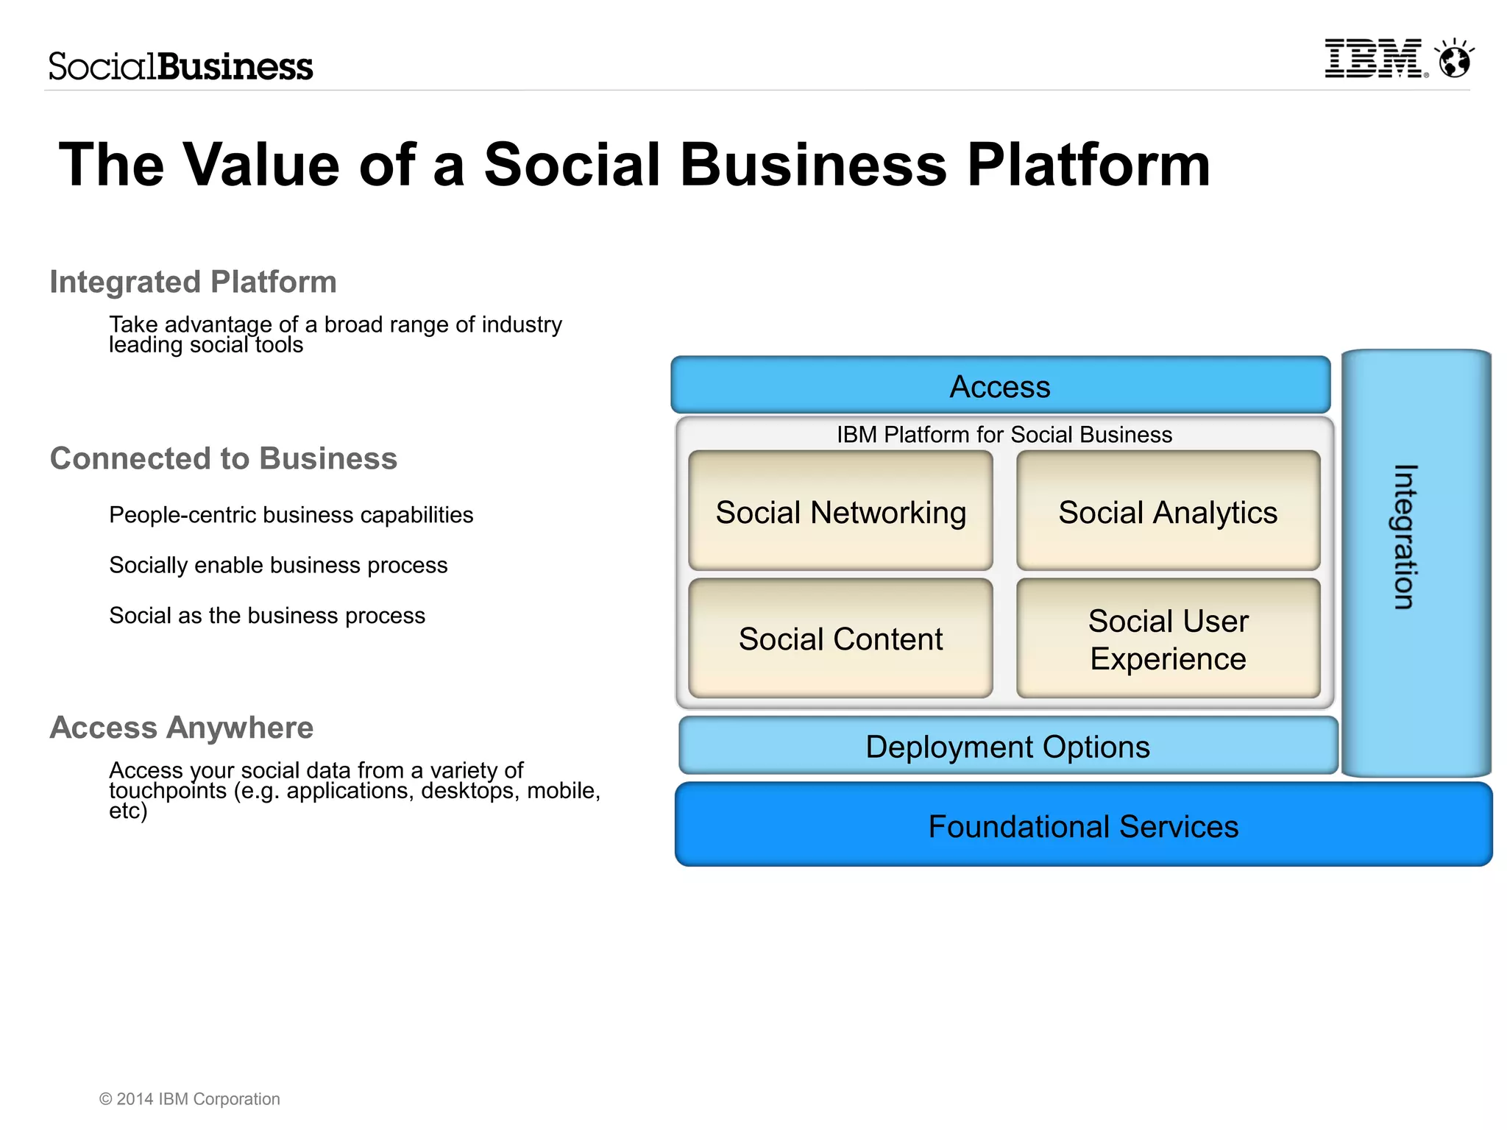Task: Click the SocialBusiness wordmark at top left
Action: click(181, 66)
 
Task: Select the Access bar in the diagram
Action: click(1000, 386)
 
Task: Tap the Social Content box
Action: click(840, 639)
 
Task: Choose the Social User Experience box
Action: click(1168, 639)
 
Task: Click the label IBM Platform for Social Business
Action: click(1004, 435)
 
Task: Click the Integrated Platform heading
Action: click(193, 282)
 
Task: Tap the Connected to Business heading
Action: click(223, 458)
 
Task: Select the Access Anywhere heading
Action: click(182, 728)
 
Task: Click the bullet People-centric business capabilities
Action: click(291, 515)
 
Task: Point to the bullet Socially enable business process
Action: click(278, 565)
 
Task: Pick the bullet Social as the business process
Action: click(267, 615)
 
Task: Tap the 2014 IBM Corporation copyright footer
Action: click(190, 1099)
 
